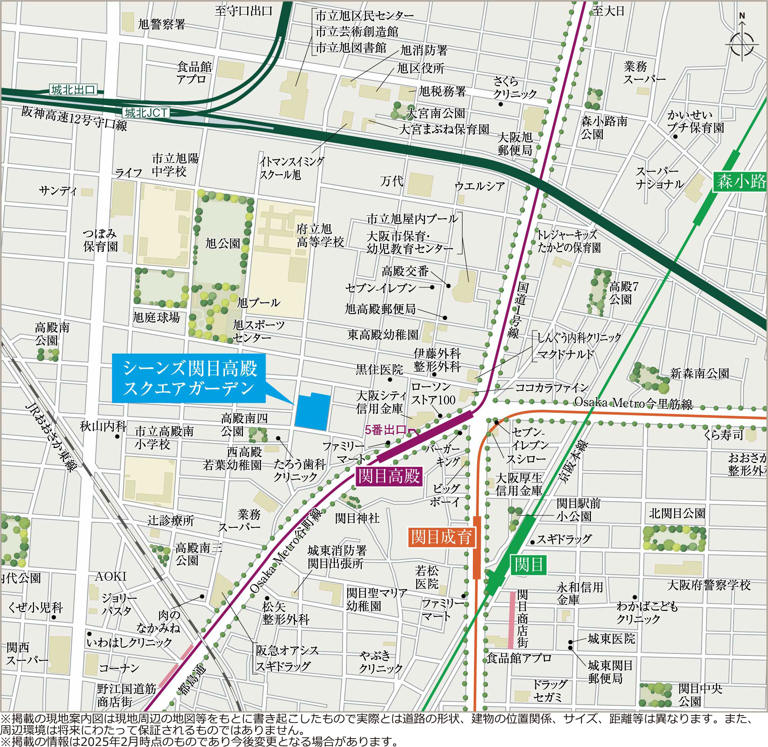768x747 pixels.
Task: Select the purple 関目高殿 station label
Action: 389,476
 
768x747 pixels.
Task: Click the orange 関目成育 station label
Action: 441,537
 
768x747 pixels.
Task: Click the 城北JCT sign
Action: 146,113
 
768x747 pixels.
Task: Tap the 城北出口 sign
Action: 73,90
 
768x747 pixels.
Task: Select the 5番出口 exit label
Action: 385,430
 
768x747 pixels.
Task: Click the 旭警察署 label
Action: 161,25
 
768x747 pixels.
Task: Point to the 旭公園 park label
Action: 222,243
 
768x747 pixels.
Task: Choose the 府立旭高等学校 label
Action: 320,235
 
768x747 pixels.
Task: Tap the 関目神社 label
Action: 357,518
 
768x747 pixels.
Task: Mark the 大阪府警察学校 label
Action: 709,585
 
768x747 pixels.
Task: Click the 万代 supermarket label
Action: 391,181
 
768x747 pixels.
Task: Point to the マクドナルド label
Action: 565,355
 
